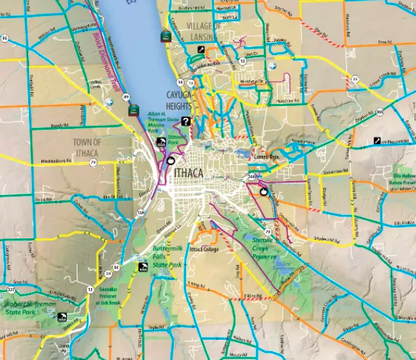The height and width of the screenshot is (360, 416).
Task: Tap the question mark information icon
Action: coord(186,122)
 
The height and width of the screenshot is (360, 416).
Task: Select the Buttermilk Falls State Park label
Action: coord(169,257)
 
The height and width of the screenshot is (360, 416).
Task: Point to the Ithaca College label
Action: coord(204,250)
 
